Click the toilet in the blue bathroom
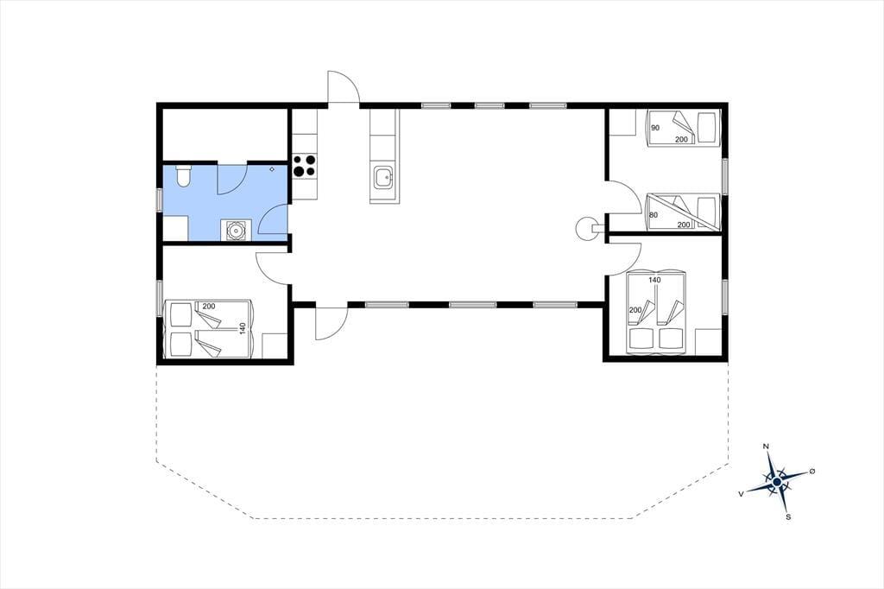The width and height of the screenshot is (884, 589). [183, 176]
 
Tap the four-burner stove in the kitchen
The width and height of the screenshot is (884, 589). [305, 166]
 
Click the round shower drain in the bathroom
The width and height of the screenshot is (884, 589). [234, 231]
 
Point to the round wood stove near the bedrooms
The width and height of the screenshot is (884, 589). [586, 228]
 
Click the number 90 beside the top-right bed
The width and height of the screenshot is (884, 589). [655, 128]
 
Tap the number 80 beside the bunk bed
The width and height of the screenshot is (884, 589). [654, 215]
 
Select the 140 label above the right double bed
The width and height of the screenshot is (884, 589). [654, 280]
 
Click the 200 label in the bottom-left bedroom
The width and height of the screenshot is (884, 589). [209, 307]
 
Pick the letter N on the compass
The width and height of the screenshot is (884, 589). [766, 446]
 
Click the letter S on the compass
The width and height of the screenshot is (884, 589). [788, 516]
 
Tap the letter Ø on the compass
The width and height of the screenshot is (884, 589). [812, 471]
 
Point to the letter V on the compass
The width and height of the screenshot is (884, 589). [740, 494]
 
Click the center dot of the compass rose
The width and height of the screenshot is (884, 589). [777, 482]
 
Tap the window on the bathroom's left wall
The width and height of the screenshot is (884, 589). [160, 199]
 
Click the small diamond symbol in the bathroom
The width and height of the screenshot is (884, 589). [272, 168]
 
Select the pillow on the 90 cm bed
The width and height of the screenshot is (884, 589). [707, 128]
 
